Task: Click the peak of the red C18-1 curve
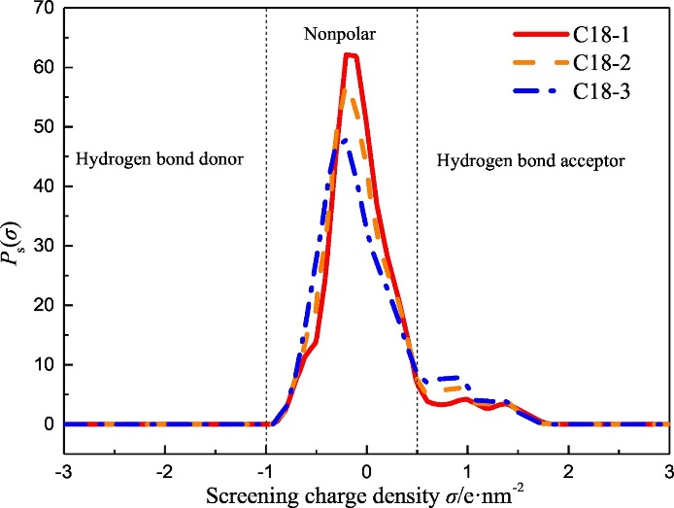pos(351,54)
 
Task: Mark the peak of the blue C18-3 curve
pos(345,139)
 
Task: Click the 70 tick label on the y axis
pos(42,9)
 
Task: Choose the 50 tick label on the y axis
pos(42,127)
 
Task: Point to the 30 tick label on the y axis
pos(42,247)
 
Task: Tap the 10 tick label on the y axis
pos(42,365)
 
